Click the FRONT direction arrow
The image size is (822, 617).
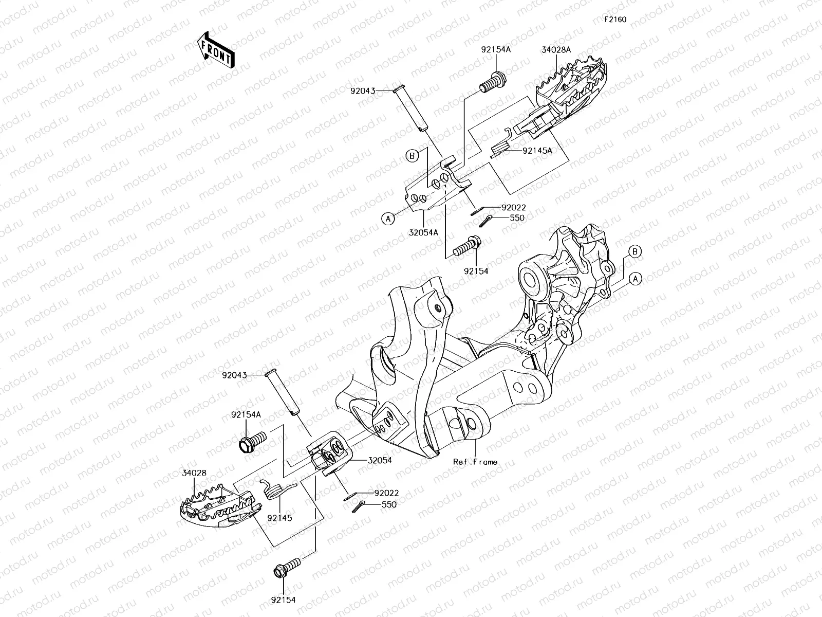tap(215, 49)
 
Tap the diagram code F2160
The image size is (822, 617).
tap(615, 20)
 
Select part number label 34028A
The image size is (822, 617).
tap(556, 50)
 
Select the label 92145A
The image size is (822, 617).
tap(537, 151)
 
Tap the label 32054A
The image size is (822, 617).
tap(423, 232)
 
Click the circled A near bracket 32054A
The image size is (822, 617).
tap(388, 219)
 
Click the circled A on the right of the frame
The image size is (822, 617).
tap(636, 279)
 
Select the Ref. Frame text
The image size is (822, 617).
tap(475, 462)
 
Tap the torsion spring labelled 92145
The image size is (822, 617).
tap(276, 488)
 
